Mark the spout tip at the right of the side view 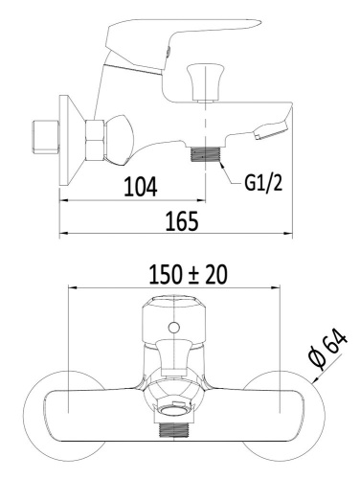(x=277, y=125)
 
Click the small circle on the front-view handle (x=173, y=331)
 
